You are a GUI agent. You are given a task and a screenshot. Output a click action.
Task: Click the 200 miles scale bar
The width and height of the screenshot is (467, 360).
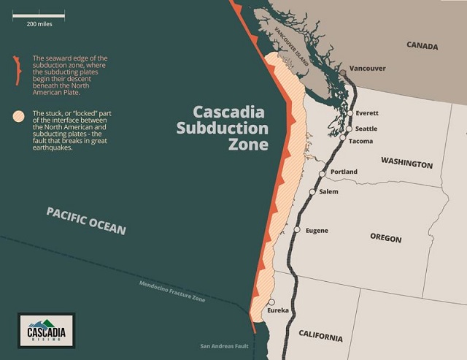point(36,15)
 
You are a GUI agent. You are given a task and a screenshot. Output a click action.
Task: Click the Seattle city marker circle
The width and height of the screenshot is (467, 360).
point(348,128)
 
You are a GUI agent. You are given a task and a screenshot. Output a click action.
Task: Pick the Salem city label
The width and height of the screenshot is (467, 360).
point(328,191)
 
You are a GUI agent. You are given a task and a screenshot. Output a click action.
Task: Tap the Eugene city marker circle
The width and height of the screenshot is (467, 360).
point(297,230)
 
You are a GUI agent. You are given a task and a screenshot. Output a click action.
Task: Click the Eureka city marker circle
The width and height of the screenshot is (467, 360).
point(271,302)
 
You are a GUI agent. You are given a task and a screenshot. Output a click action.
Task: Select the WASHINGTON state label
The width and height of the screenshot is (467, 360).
point(406,164)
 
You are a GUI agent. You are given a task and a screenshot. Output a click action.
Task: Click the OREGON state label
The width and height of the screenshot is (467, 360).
point(386,238)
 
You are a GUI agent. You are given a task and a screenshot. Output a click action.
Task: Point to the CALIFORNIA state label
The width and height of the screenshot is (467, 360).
point(320,337)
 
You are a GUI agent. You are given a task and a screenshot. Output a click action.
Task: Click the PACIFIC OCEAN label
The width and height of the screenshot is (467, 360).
point(86,220)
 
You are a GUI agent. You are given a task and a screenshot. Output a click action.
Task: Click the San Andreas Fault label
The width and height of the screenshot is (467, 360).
point(225,346)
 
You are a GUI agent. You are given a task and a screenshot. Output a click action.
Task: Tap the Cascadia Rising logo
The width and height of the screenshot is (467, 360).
point(46,329)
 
